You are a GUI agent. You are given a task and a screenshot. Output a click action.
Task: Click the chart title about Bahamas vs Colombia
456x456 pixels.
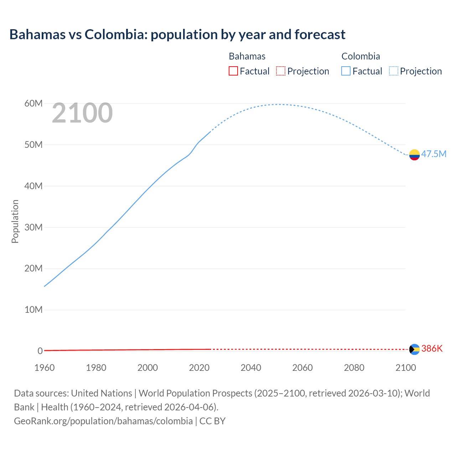(x=177, y=35)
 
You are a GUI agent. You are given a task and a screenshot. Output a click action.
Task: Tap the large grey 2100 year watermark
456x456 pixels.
(x=82, y=113)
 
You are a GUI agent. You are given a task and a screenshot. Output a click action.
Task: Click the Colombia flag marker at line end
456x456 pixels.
(x=414, y=155)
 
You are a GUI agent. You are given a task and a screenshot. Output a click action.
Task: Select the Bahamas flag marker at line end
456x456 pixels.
(x=414, y=349)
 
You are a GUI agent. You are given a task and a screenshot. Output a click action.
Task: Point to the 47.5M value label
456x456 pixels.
(x=434, y=154)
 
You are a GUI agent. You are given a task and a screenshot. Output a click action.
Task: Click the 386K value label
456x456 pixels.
(x=432, y=348)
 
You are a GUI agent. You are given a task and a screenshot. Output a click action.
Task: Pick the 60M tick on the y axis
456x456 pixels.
(x=33, y=103)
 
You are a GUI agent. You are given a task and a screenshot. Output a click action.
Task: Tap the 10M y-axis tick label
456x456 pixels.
(x=33, y=310)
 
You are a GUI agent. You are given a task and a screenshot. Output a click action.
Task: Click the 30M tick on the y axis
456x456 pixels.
(x=33, y=227)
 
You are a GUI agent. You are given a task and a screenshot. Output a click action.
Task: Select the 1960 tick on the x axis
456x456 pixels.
(x=45, y=368)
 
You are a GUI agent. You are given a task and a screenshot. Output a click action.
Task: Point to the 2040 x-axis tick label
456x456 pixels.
(x=251, y=368)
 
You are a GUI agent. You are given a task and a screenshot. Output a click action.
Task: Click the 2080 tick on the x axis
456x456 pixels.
(x=354, y=368)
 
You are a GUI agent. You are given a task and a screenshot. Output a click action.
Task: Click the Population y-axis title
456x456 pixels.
(x=15, y=221)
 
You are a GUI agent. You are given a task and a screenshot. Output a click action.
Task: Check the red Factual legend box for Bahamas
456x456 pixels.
(x=233, y=71)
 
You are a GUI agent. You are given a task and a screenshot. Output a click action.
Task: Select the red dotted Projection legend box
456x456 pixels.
(x=281, y=71)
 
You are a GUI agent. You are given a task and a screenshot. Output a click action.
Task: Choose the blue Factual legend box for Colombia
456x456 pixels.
(x=346, y=71)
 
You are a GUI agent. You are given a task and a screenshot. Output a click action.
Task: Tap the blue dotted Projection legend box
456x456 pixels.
(x=394, y=71)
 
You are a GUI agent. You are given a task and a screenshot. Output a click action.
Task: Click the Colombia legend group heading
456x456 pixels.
(x=361, y=56)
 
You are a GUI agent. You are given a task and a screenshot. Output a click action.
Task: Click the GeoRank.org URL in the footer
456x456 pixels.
(x=103, y=421)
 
